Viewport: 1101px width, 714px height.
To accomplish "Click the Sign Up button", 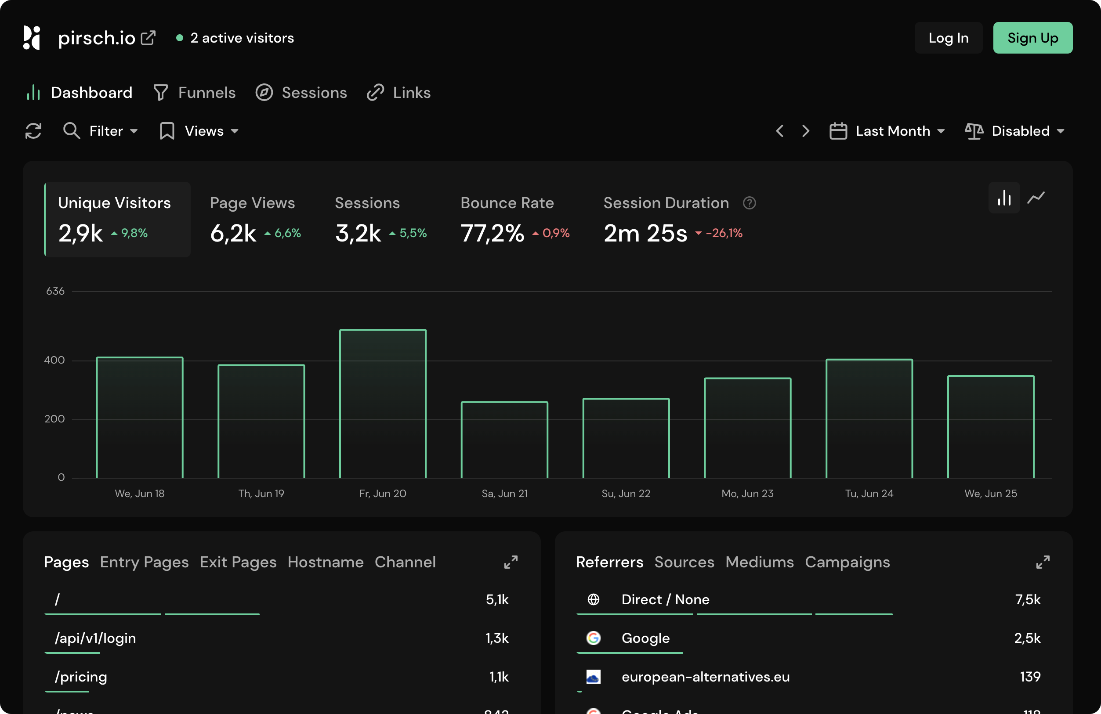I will point(1032,38).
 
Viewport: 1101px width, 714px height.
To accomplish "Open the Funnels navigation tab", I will point(194,93).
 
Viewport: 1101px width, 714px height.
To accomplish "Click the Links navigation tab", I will point(398,93).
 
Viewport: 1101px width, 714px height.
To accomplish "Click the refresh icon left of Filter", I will point(33,131).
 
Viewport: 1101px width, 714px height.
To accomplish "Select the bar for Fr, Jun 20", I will point(383,403).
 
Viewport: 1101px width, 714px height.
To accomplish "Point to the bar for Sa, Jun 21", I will point(504,439).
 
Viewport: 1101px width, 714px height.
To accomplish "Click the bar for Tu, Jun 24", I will point(869,418).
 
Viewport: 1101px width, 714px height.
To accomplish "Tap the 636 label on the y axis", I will point(55,291).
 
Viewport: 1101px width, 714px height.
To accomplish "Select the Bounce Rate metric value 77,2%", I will point(492,233).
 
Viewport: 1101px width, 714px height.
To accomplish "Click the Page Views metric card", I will point(255,219).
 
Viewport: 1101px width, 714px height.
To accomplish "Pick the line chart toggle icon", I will point(1036,198).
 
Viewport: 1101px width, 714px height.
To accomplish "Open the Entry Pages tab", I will point(144,562).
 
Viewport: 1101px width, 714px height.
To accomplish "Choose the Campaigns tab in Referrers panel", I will point(847,562).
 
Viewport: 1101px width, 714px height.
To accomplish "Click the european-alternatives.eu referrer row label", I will point(705,677).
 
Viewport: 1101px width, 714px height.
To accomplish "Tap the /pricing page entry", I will point(81,677).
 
